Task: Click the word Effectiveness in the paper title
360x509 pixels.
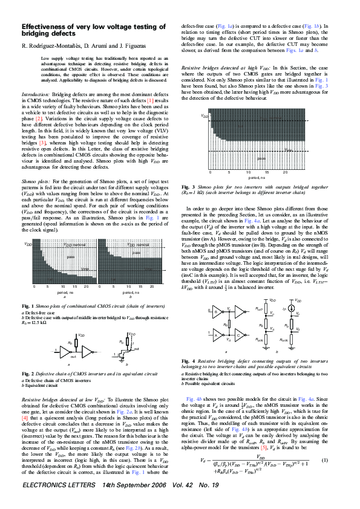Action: point(46,27)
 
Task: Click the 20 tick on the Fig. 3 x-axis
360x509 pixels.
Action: point(285,172)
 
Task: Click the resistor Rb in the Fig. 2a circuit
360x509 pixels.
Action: point(70,343)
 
